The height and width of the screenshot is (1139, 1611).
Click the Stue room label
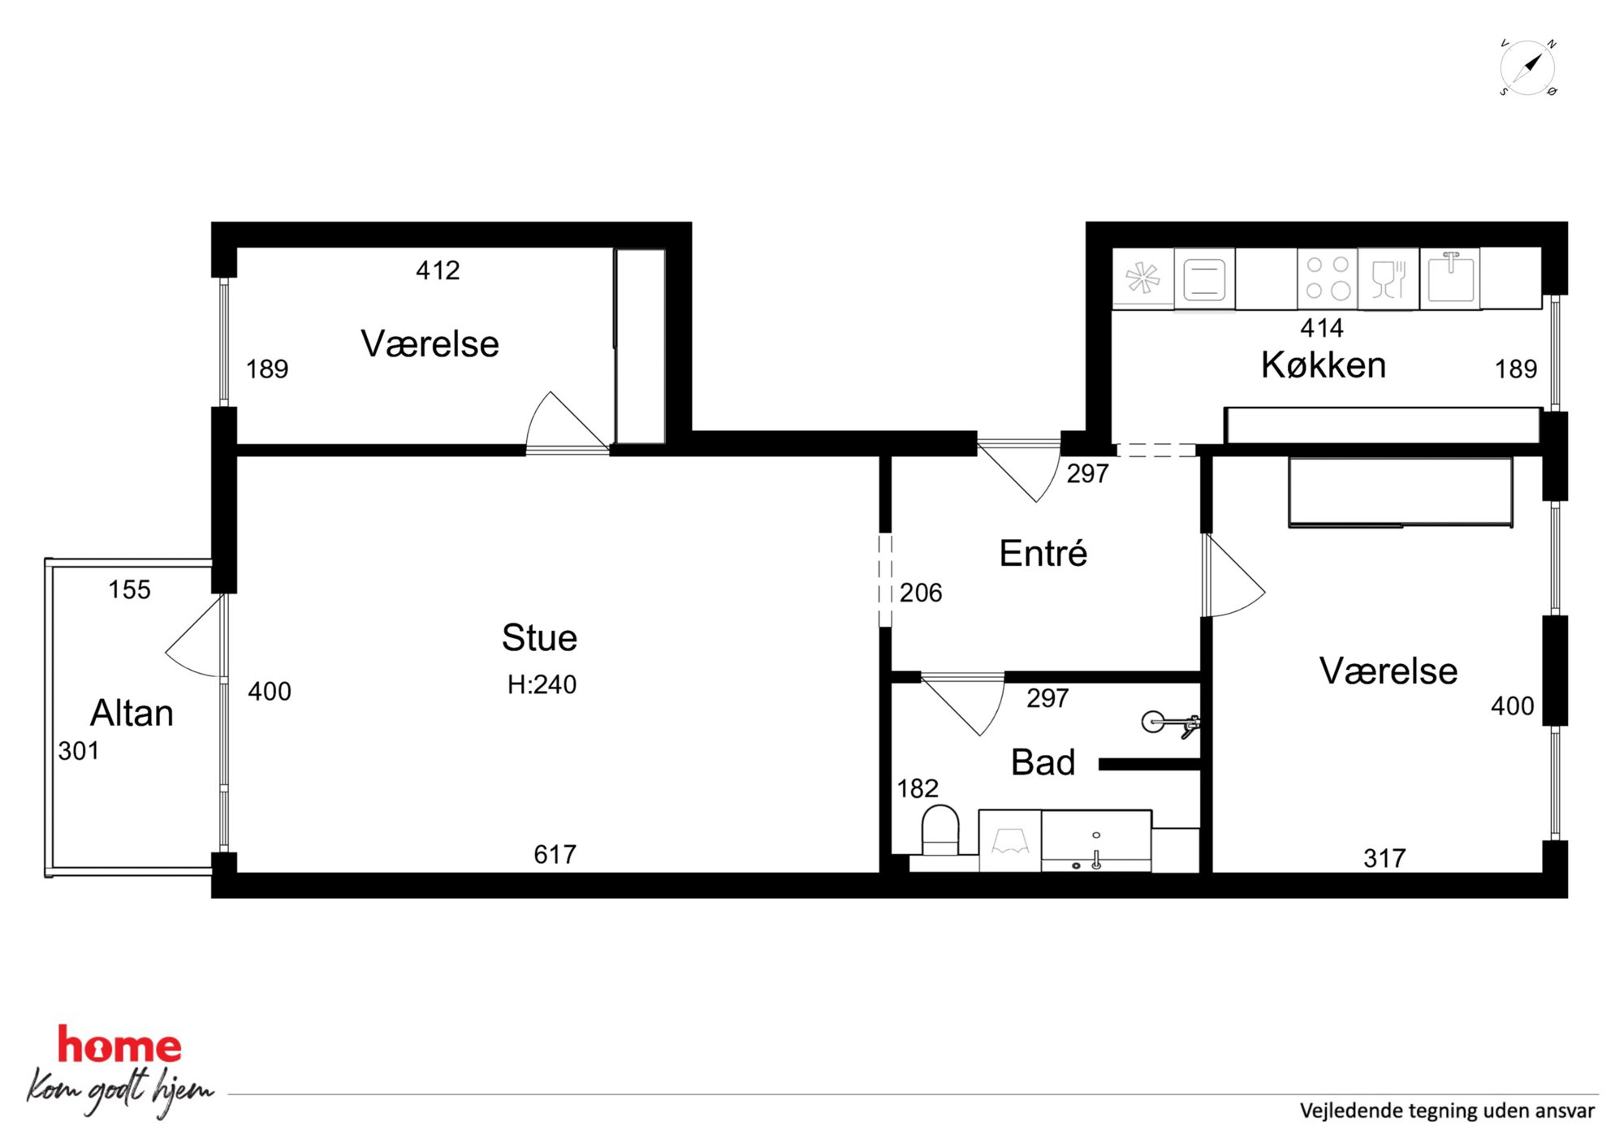(x=539, y=638)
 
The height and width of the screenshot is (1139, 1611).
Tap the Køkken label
(x=1324, y=365)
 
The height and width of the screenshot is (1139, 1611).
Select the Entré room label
(x=1043, y=553)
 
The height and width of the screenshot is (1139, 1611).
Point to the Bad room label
(x=1043, y=762)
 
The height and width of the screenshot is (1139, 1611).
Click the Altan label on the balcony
(x=132, y=714)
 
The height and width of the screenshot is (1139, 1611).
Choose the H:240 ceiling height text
(x=542, y=685)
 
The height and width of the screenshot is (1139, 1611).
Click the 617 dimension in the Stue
(x=555, y=855)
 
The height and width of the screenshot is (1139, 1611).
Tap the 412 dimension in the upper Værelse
(x=438, y=270)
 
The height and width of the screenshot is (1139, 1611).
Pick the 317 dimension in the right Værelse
(x=1384, y=858)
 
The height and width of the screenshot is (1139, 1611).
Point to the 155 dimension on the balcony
(x=129, y=590)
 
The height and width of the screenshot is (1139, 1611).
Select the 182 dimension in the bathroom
(x=918, y=788)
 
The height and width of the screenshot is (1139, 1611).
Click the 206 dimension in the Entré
(x=921, y=593)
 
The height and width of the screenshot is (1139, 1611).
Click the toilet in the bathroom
(x=940, y=831)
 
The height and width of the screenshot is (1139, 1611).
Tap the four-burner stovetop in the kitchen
(x=1328, y=278)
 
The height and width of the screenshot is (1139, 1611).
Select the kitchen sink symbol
(x=1450, y=278)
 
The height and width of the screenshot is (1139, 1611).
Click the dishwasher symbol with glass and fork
(x=1389, y=278)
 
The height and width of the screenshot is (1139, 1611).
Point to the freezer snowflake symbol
(x=1142, y=278)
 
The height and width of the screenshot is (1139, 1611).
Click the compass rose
(x=1527, y=67)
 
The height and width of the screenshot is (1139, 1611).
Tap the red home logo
(x=119, y=1046)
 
